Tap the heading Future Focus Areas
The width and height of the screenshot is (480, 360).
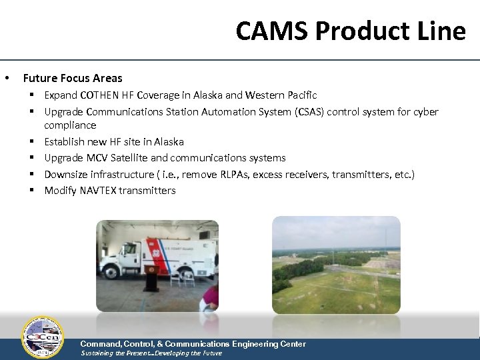[x=73, y=78]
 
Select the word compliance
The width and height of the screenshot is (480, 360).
[x=70, y=125]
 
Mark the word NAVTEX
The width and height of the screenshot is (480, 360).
[x=101, y=191]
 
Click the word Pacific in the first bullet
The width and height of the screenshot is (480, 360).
[x=299, y=95]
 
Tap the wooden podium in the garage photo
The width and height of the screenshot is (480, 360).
[x=151, y=277]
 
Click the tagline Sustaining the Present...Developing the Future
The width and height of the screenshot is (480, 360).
[x=151, y=353]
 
